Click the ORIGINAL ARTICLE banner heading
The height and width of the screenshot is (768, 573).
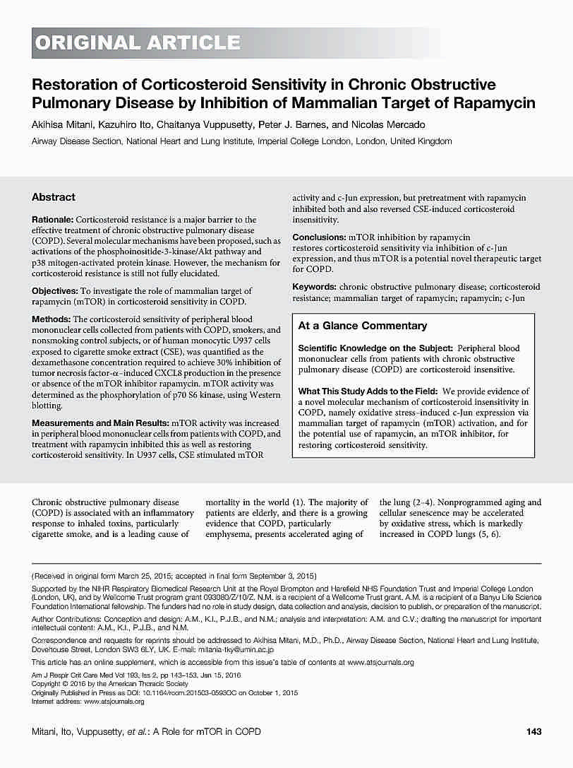coord(138,43)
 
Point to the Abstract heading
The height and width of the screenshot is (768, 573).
coord(54,197)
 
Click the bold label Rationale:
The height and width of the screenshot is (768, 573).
coord(53,220)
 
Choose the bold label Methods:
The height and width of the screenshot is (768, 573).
coord(51,319)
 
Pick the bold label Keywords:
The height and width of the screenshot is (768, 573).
coord(314,287)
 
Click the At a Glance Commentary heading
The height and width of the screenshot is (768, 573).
coord(363,326)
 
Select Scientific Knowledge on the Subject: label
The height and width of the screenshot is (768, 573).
coord(375,348)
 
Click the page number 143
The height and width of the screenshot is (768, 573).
coord(533,731)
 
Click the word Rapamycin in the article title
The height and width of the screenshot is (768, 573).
coord(497,103)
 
